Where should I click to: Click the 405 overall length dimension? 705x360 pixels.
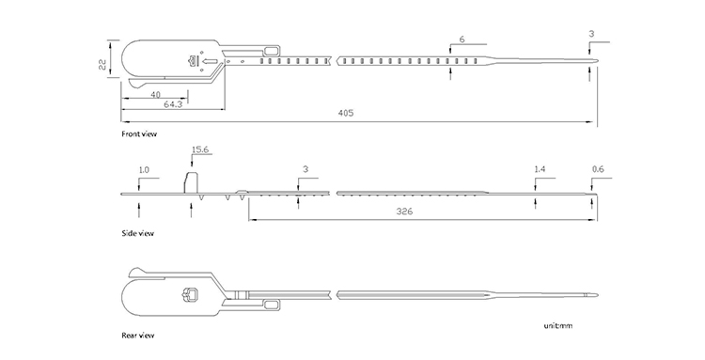click(346, 113)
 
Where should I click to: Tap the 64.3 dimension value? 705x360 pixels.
click(173, 104)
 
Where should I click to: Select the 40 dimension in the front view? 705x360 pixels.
click(155, 94)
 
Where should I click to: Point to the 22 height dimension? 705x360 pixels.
click(102, 65)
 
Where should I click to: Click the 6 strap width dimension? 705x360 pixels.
click(462, 39)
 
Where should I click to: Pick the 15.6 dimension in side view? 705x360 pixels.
click(200, 149)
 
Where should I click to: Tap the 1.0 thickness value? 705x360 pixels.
click(144, 170)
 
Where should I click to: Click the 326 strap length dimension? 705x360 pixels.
click(404, 211)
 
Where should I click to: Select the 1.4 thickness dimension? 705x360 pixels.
click(540, 169)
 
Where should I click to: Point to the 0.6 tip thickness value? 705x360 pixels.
click(598, 169)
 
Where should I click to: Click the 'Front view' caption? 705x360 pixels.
click(139, 133)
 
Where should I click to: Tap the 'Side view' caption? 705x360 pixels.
click(137, 233)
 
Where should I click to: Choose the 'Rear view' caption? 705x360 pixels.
click(138, 336)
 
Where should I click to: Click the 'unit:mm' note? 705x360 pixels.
click(558, 325)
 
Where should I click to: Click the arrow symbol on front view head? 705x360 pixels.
click(210, 61)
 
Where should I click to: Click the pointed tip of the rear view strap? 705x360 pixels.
click(598, 295)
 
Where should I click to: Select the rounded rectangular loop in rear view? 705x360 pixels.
click(272, 305)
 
